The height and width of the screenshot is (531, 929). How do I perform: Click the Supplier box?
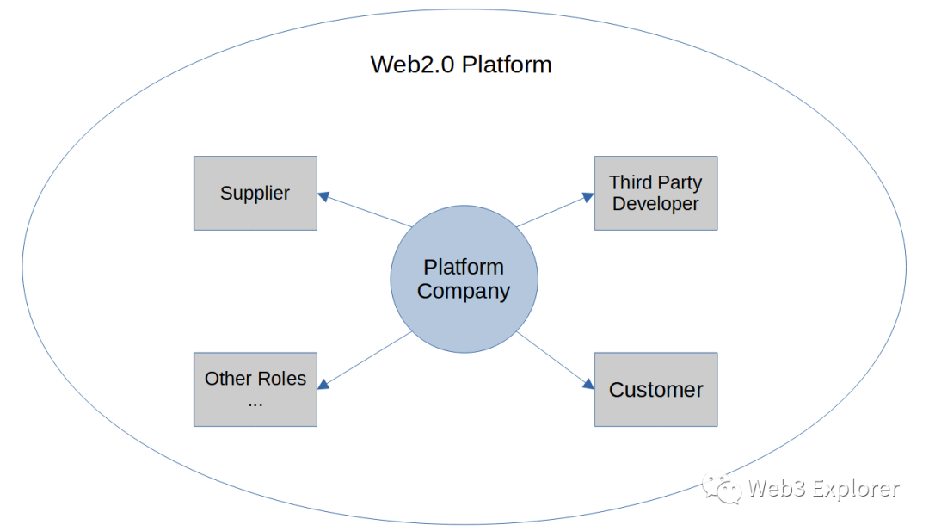click(255, 193)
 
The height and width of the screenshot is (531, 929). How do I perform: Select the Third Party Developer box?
click(655, 193)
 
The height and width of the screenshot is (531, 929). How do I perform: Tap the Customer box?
click(655, 389)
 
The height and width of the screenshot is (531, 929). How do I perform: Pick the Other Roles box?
click(255, 389)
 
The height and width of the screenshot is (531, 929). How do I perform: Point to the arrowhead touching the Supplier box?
click(323, 196)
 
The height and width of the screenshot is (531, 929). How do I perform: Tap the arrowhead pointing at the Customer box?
click(588, 384)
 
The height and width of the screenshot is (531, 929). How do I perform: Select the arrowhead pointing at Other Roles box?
click(323, 384)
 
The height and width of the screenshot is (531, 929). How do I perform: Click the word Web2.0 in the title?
click(412, 65)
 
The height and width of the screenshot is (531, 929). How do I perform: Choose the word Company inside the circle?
click(464, 291)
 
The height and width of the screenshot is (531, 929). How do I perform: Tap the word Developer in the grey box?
click(655, 204)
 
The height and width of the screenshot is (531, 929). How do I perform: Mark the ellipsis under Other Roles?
click(255, 401)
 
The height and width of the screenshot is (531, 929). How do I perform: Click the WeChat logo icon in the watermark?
click(721, 488)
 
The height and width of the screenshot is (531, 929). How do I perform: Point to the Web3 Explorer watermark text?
click(823, 489)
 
